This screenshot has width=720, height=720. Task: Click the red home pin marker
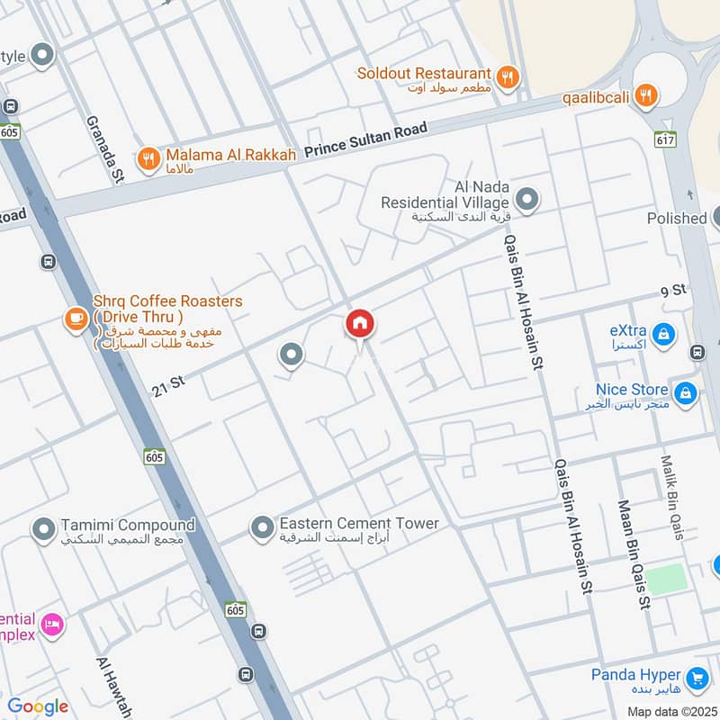point(360,324)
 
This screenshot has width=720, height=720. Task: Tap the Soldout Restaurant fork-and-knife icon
point(508,77)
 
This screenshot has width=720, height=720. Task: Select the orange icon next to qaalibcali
point(644,94)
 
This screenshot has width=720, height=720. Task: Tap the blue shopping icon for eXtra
point(662,335)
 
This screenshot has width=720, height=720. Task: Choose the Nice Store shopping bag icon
point(686,392)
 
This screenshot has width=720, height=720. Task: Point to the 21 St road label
point(168,384)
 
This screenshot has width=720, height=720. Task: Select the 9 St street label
point(673,289)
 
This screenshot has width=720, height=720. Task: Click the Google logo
point(38,706)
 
